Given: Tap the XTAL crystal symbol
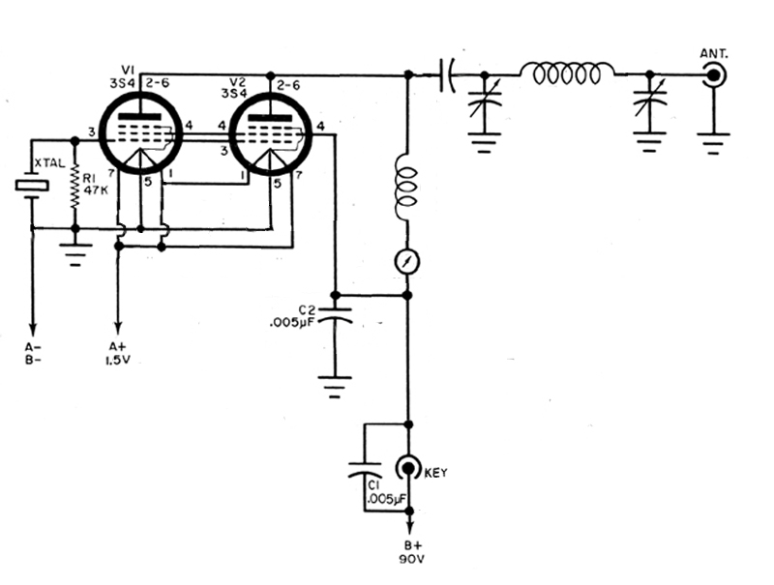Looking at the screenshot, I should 32,185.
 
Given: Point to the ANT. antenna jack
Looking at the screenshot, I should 715,74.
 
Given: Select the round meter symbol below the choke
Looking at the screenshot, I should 407,260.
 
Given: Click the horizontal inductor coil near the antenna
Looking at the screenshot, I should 567,73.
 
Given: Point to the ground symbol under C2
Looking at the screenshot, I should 335,390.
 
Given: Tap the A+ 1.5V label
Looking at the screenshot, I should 118,352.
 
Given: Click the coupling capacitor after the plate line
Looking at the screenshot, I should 447,74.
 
